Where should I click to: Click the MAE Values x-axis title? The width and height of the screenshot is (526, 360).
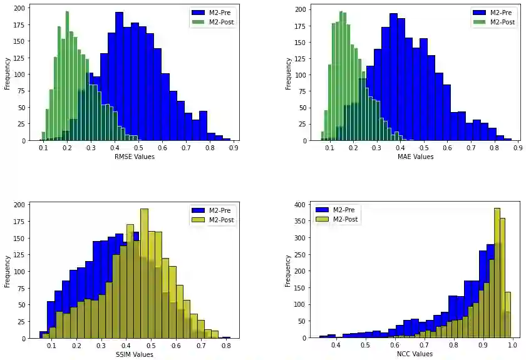coord(415,157)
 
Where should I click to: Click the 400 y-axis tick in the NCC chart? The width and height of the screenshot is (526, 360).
coord(300,204)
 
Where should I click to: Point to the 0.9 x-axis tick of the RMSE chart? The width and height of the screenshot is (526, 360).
coord(233,149)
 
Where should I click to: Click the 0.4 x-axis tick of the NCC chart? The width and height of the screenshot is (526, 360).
coord(336,346)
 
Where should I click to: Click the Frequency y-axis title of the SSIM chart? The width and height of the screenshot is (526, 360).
coord(8,270)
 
